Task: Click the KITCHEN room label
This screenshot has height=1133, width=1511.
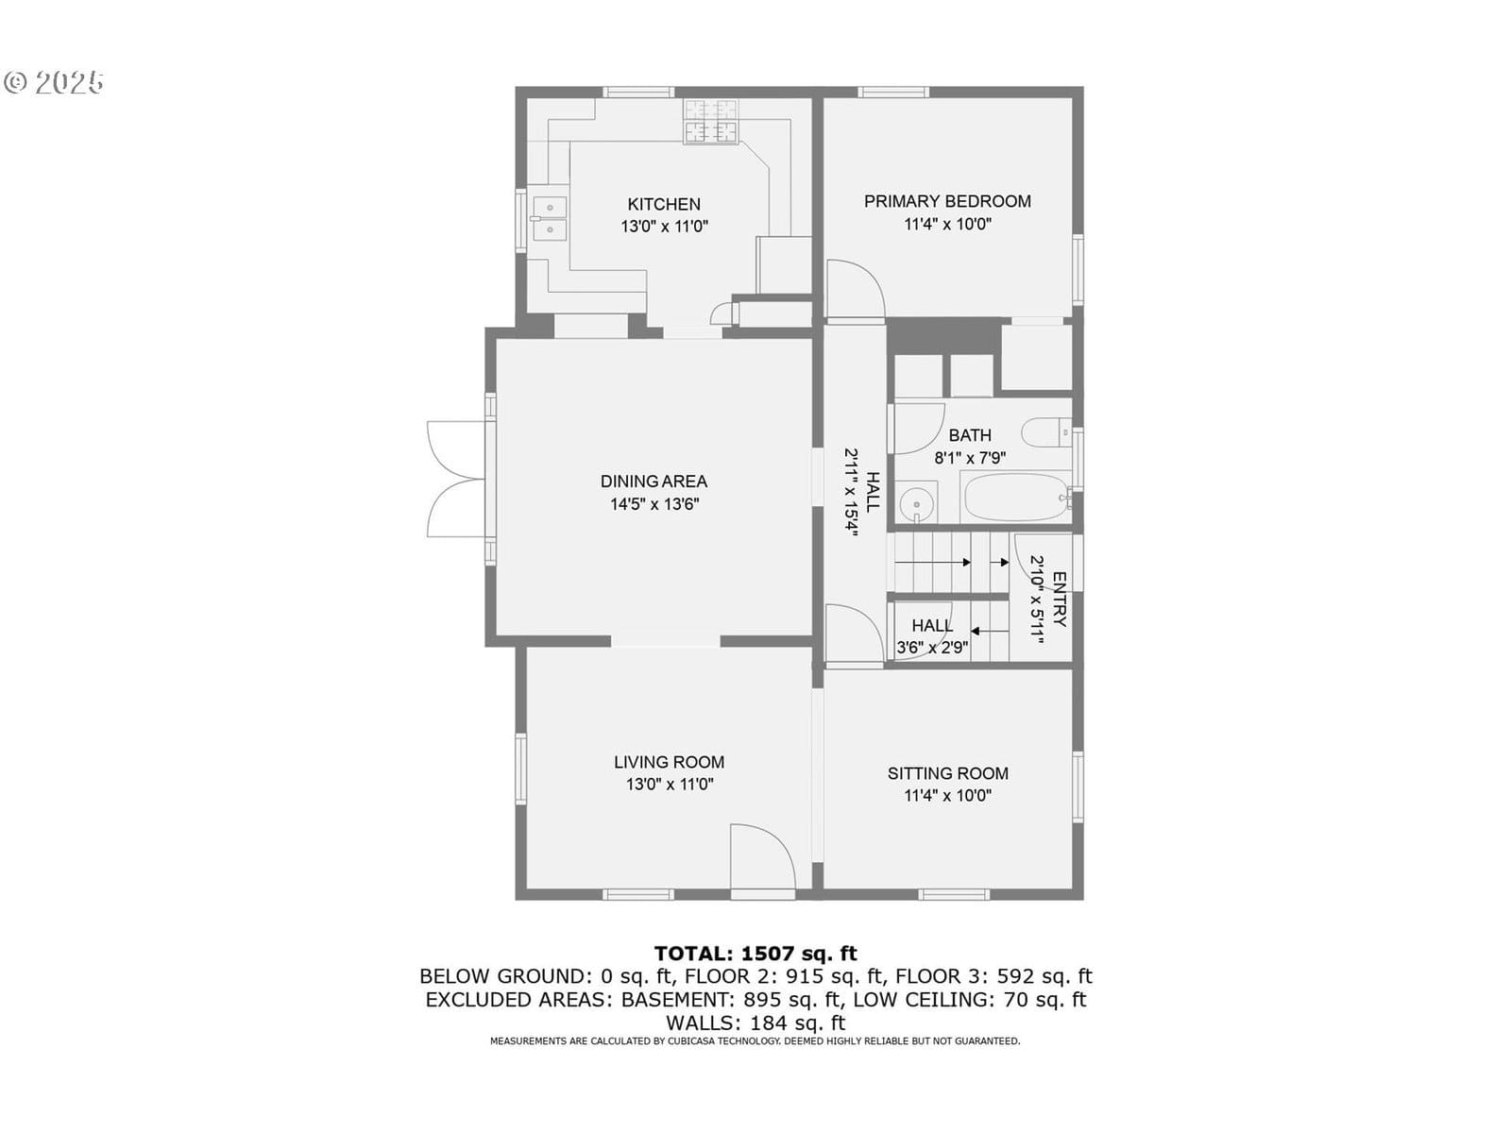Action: pos(664,204)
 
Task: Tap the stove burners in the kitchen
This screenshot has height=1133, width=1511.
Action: pos(710,122)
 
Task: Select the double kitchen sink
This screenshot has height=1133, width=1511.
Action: pos(550,217)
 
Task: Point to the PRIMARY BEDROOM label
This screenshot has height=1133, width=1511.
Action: pos(947,201)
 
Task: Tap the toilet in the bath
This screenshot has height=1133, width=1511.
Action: pos(1046,432)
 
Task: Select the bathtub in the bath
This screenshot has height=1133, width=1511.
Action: pos(1016,497)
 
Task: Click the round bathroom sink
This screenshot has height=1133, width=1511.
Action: pos(917,501)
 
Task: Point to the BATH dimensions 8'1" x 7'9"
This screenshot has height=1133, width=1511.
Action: pos(970,458)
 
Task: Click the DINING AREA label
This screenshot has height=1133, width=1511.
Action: pos(654,482)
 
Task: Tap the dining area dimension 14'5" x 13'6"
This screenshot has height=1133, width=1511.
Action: pos(654,504)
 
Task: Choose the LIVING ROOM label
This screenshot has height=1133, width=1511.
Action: pos(669,762)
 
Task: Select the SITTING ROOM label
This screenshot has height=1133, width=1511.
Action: pos(947,773)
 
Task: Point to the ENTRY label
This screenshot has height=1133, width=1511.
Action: pos(1061,600)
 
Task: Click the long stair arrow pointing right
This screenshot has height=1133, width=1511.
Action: pos(932,563)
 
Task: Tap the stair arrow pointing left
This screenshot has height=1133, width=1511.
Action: pos(989,631)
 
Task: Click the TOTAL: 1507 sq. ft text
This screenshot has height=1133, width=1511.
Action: pos(755,954)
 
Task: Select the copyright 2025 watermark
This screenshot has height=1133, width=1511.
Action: pos(54,82)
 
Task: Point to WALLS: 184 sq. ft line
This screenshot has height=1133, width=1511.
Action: pos(755,1023)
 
